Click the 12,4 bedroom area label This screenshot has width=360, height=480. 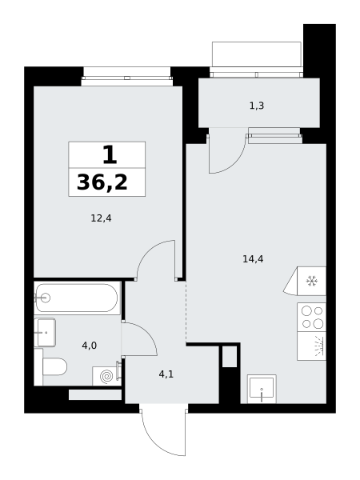pos(101,218)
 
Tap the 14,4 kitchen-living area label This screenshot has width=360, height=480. pos(253,259)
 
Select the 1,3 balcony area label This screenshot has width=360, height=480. pos(257,106)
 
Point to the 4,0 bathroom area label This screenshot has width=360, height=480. pos(89,346)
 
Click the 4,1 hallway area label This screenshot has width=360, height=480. pos(166,374)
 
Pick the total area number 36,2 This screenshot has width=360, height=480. pos(102,182)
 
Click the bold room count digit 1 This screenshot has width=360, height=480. pos(110,154)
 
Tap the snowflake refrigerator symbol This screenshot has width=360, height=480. pos(312,281)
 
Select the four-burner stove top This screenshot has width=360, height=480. pos(311,317)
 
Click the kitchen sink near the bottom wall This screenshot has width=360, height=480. pos(262,389)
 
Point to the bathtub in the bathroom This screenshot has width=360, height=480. pos(77,298)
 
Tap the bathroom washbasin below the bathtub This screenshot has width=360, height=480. pos(45,332)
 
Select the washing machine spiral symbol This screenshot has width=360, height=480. pos(107,376)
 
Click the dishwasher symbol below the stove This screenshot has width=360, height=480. pos(311,346)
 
